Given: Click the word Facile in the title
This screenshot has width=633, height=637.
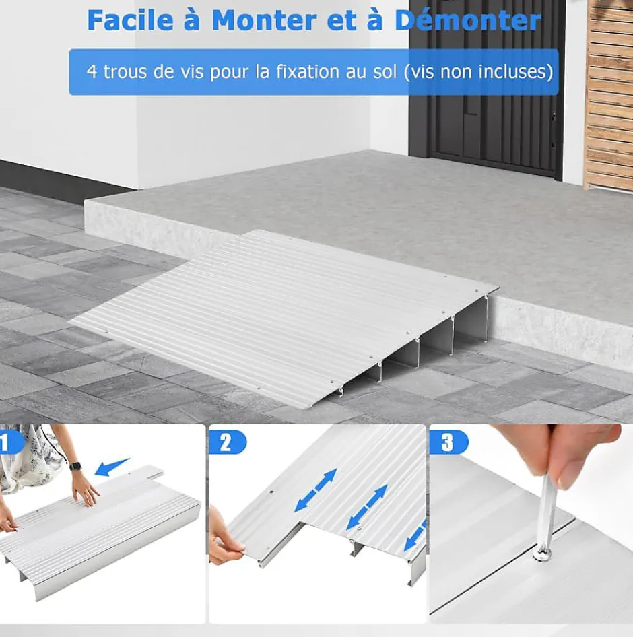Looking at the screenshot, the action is point(130,20).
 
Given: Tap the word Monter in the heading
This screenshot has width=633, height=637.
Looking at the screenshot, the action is point(264,20).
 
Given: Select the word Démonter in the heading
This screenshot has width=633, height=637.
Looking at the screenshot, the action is point(467,20).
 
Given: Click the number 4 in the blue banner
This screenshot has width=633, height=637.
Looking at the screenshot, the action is point(92,71).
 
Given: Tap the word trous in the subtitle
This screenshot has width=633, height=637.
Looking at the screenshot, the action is point(125,71).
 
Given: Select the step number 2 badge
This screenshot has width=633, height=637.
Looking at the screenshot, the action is point(228,443).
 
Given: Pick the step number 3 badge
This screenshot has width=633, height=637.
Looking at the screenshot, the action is point(448,443).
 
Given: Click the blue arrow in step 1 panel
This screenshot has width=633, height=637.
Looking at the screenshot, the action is point(112,467).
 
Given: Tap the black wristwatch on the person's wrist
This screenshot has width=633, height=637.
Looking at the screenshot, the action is point(75,466).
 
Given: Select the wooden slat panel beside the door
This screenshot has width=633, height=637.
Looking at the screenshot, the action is point(608,94).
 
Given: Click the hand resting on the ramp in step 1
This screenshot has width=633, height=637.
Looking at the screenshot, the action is point(86,488).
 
